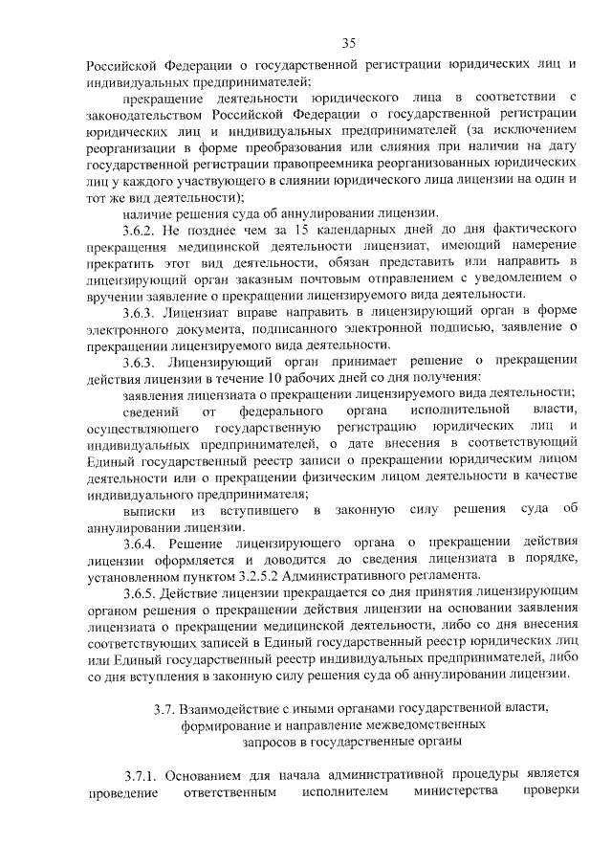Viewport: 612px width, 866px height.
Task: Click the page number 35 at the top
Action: click(349, 42)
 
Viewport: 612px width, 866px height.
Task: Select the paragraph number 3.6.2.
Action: click(142, 231)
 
